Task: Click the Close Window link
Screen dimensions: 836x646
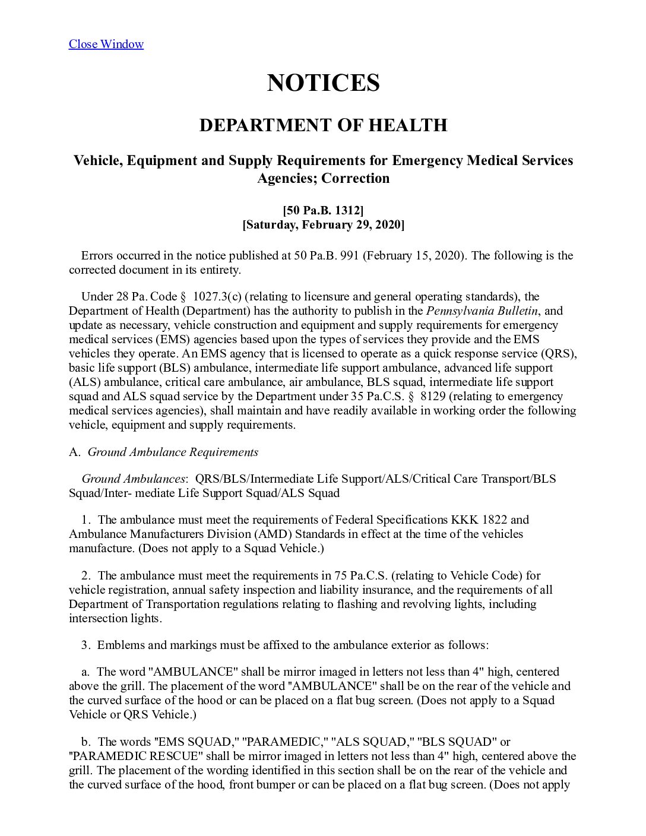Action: (x=106, y=44)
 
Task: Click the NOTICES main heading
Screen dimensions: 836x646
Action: (x=323, y=83)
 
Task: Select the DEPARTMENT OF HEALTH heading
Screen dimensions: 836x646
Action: (x=323, y=125)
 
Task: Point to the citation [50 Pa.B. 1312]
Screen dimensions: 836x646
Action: (x=323, y=210)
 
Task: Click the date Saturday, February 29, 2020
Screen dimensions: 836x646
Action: (x=323, y=224)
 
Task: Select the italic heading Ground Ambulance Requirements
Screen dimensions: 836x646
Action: (x=173, y=452)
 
